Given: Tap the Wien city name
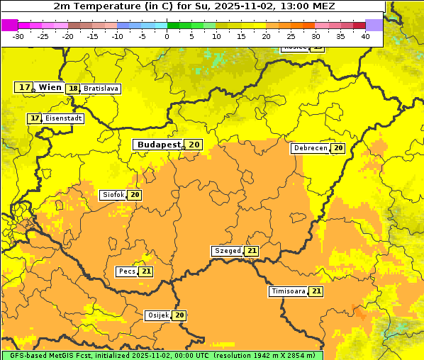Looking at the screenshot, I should [x=50, y=87].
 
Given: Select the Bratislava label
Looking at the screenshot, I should [x=101, y=89].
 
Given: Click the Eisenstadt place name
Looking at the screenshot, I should [x=64, y=118].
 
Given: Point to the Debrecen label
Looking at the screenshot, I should [x=310, y=148].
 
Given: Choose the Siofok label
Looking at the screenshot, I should [x=113, y=195].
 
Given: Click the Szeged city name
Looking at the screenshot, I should [x=228, y=251].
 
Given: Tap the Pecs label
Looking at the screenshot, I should [x=127, y=271].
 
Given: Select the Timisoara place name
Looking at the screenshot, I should [x=289, y=291].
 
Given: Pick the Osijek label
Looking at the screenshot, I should [x=157, y=315].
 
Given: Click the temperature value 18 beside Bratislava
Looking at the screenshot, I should [x=73, y=89].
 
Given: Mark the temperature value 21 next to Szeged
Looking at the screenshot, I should [x=252, y=251].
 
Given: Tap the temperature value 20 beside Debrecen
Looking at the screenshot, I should [x=338, y=148].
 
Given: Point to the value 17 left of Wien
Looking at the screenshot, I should [x=24, y=87].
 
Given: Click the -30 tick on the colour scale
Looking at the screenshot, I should [x=18, y=36].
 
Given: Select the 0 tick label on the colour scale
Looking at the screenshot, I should [x=167, y=36].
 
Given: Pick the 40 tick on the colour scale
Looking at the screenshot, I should [x=365, y=36].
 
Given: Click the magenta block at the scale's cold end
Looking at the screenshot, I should [x=9, y=25].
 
